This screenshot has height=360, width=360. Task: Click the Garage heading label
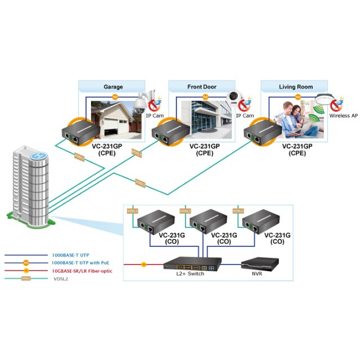(x=113, y=87)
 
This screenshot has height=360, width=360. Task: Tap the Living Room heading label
(x=295, y=87)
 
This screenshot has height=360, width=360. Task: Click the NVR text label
(x=258, y=274)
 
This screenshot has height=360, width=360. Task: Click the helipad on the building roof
(x=38, y=155)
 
